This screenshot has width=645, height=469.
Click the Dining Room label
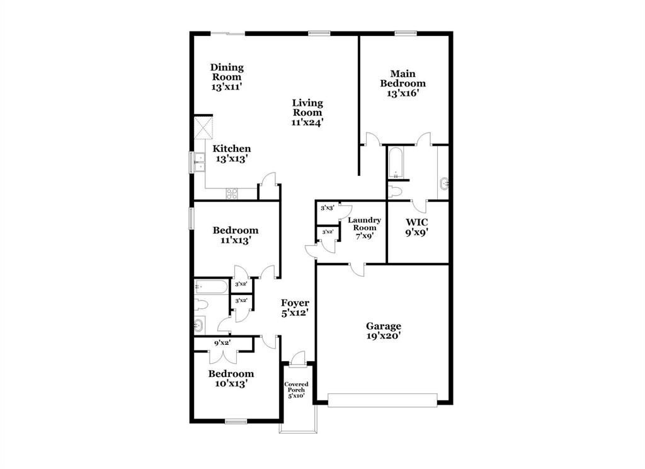[x=227, y=77]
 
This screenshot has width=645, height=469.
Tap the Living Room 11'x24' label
[x=307, y=112]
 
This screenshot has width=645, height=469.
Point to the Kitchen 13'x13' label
[x=231, y=154]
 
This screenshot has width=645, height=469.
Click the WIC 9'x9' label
[x=416, y=226]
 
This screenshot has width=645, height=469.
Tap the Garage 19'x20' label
[x=384, y=331]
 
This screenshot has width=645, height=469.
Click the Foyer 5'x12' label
[x=295, y=307]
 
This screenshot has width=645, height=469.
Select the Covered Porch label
[x=295, y=390]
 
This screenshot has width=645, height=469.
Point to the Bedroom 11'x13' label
[x=235, y=234]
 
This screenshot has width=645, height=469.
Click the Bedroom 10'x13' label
[x=231, y=378]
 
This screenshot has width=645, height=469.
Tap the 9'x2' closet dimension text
[x=222, y=343]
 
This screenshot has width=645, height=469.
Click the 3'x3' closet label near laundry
[x=327, y=208]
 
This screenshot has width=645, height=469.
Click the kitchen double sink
[x=200, y=163]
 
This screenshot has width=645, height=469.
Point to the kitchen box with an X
[x=204, y=127]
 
